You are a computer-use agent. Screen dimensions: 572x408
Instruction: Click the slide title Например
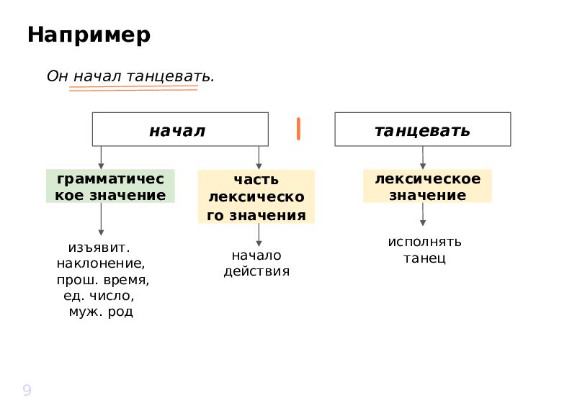click(x=89, y=35)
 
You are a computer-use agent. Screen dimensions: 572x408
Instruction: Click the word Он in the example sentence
click(x=58, y=76)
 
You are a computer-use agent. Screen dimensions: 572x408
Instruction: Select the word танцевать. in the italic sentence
click(x=170, y=76)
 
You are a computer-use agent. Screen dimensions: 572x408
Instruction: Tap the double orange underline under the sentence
click(x=133, y=89)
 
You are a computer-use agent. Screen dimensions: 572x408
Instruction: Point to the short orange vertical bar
click(x=298, y=129)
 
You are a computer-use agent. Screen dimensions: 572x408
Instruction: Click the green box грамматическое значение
click(x=110, y=186)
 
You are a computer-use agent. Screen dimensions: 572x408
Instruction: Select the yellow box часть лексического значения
click(x=256, y=196)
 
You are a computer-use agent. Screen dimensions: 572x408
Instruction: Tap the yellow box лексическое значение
click(x=427, y=186)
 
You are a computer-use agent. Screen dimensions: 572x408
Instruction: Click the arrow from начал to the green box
click(x=101, y=158)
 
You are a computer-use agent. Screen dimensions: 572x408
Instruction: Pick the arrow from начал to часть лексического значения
click(x=259, y=158)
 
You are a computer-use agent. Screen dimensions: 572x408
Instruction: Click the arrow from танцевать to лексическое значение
click(x=423, y=158)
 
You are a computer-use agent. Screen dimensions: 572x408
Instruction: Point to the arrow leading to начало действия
click(x=259, y=235)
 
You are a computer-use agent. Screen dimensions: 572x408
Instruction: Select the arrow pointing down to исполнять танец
click(x=423, y=214)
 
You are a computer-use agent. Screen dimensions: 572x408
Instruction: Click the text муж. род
click(x=101, y=312)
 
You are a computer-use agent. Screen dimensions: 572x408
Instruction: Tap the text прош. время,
click(x=103, y=280)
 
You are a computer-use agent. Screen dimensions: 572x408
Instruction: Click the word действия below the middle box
click(x=256, y=271)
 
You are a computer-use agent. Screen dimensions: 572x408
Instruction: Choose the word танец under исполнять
click(x=424, y=258)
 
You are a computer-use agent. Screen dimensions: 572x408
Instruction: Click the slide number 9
click(x=27, y=390)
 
